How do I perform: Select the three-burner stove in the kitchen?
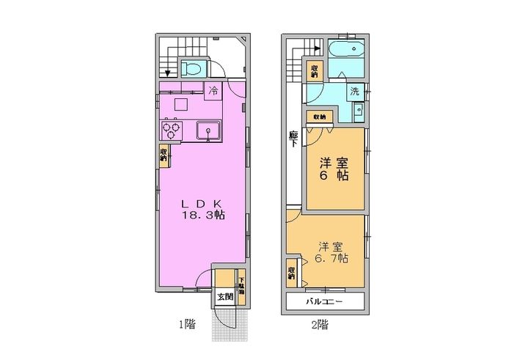point(172,131)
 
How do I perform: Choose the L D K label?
point(202,202)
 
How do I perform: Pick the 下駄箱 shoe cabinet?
point(241,282)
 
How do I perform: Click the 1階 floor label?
point(188,324)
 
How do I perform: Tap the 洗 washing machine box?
point(354,92)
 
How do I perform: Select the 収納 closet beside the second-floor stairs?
point(314,71)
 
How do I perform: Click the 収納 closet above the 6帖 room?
point(320,117)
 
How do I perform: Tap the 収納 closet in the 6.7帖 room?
point(292,273)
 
